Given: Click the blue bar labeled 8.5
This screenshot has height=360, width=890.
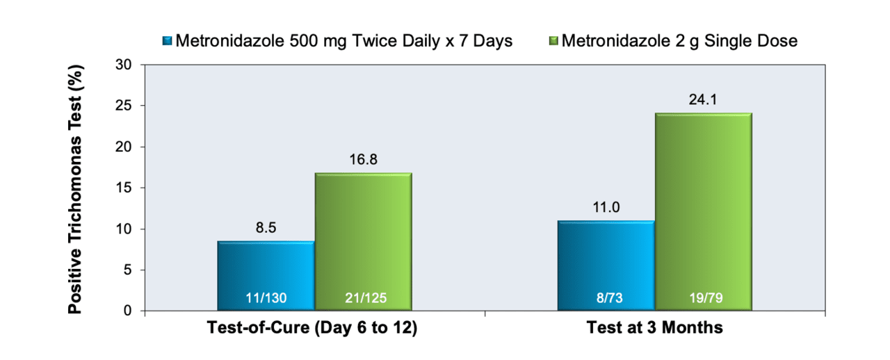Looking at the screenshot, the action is (266, 275).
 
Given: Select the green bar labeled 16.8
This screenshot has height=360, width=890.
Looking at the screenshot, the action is (364, 242).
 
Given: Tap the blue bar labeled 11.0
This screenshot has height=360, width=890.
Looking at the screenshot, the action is (606, 265).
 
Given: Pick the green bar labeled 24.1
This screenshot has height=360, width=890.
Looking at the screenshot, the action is (704, 211).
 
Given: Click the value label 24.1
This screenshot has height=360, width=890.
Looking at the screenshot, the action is (703, 99).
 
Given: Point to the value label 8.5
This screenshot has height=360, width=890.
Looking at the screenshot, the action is (266, 228).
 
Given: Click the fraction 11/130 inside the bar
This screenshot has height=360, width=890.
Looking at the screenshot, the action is (266, 298).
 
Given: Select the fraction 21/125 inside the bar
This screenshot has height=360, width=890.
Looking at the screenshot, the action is (366, 298).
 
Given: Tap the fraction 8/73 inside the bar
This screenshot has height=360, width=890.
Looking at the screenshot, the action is (610, 298).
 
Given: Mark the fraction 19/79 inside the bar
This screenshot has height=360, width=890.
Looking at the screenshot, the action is (706, 298).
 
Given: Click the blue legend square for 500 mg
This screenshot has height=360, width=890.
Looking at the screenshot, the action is (168, 40).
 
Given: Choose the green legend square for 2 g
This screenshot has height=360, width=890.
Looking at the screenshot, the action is (553, 40).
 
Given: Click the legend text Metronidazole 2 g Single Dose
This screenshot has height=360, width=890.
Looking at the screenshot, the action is (679, 41).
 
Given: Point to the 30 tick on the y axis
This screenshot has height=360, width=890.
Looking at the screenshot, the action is (124, 65).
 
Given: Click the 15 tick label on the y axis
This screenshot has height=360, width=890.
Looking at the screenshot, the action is (124, 188).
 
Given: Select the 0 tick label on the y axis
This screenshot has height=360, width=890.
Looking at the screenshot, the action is (127, 311).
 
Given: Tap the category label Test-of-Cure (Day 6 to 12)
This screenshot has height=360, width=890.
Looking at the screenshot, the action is (312, 328).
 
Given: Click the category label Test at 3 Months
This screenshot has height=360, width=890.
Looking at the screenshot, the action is (655, 328).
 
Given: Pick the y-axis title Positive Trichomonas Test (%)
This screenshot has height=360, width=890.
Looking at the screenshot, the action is (74, 189).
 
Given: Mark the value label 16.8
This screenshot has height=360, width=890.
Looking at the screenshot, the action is (363, 160).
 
